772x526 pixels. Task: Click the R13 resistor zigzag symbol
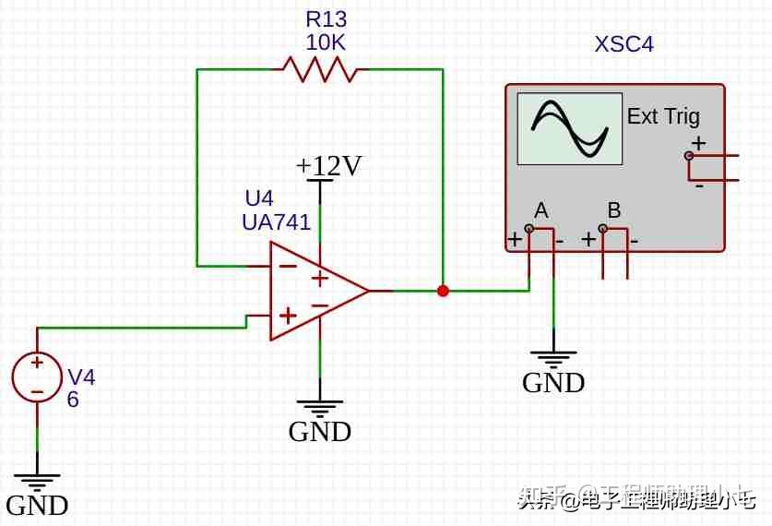pyautogui.click(x=319, y=69)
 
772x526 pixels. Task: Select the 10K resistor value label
pyautogui.click(x=327, y=42)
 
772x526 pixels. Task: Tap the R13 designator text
pyautogui.click(x=327, y=19)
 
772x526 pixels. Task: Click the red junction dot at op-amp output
pyautogui.click(x=443, y=291)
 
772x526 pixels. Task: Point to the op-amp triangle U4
pyautogui.click(x=314, y=291)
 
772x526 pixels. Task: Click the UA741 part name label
pyautogui.click(x=276, y=222)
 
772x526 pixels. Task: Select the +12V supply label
pyautogui.click(x=328, y=166)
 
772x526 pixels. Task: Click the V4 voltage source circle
pyautogui.click(x=37, y=377)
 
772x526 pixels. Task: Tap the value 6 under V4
pyautogui.click(x=73, y=400)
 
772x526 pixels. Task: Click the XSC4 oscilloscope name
pyautogui.click(x=624, y=44)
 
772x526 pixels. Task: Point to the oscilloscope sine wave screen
pyautogui.click(x=569, y=128)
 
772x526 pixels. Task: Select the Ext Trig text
pyautogui.click(x=663, y=116)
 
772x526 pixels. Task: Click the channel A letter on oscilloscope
pyautogui.click(x=540, y=209)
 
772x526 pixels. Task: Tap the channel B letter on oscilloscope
pyautogui.click(x=614, y=209)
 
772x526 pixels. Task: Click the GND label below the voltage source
pyautogui.click(x=37, y=506)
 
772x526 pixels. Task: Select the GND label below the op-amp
pyautogui.click(x=320, y=432)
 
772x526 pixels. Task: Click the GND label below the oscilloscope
pyautogui.click(x=553, y=383)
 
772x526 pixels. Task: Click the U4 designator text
pyautogui.click(x=259, y=198)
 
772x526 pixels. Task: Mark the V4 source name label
pyautogui.click(x=81, y=377)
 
